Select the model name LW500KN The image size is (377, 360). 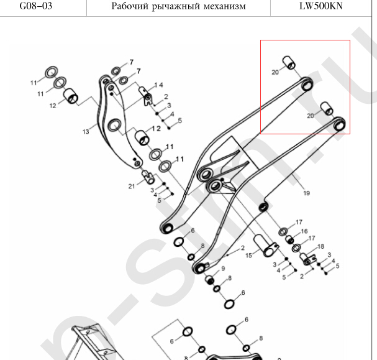click(x=322, y=7)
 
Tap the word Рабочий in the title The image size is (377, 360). click(x=130, y=7)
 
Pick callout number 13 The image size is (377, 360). click(x=86, y=131)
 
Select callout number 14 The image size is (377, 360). click(x=159, y=85)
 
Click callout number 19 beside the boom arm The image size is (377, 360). click(x=306, y=193)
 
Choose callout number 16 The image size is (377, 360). click(x=304, y=231)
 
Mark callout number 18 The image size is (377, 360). click(x=320, y=247)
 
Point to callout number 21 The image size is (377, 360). click(x=132, y=187)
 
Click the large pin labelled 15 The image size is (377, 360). click(x=266, y=244)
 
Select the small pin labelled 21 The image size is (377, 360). click(x=149, y=177)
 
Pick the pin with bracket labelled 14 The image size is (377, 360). click(x=147, y=96)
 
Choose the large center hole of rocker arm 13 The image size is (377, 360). click(x=115, y=126)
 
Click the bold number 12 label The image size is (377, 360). click(x=155, y=128)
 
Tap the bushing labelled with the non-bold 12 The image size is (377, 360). click(x=73, y=97)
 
